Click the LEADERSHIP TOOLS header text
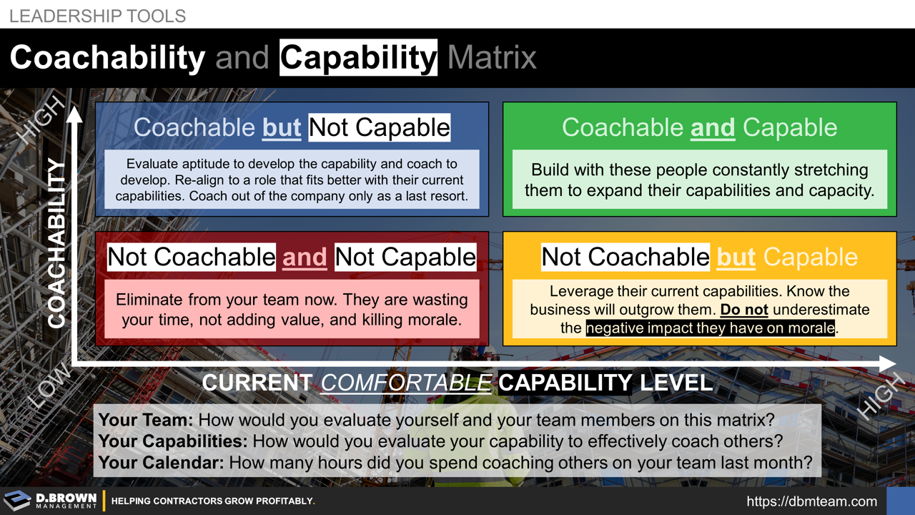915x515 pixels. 97,16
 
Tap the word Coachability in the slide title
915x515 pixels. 107,57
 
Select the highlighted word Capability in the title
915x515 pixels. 358,57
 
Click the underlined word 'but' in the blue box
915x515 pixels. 282,127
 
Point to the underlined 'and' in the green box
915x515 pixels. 712,127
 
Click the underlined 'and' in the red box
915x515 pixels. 305,257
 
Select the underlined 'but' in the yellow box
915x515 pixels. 736,257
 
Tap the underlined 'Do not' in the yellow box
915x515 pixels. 743,310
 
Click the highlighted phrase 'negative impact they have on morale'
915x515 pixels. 711,328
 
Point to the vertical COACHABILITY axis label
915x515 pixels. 57,244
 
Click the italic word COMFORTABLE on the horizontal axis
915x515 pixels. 405,383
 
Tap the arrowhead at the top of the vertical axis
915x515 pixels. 74,113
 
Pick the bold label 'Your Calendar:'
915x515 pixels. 161,463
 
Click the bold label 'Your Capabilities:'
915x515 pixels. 173,441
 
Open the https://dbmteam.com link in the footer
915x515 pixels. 811,501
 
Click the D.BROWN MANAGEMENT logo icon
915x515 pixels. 18,501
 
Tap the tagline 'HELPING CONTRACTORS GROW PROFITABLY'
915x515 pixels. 213,501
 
